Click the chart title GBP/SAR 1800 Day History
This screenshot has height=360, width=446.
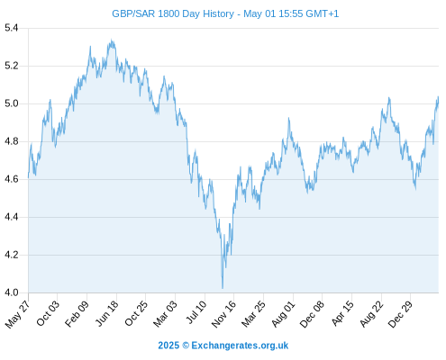point(173,13)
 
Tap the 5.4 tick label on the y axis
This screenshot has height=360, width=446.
point(12,28)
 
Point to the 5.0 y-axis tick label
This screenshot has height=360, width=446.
point(12,103)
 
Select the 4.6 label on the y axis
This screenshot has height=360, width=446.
point(12,179)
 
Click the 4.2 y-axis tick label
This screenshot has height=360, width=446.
point(12,255)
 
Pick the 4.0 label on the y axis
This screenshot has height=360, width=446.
point(12,292)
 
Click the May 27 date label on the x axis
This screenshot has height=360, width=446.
point(18,313)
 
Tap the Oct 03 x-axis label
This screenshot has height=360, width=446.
point(48,313)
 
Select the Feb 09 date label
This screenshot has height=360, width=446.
point(77,313)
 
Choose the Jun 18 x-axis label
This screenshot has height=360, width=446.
point(107,313)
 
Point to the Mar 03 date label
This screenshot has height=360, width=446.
point(166,313)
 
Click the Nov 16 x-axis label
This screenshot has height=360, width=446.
point(223,314)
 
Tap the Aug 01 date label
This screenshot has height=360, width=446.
point(283,313)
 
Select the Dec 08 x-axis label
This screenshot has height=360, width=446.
point(312,314)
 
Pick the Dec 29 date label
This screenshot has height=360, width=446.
point(400,314)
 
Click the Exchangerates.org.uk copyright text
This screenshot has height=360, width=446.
point(240,346)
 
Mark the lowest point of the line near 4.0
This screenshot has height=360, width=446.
point(223,289)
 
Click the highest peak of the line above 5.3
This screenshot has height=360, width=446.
point(112,40)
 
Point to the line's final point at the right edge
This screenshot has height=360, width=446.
point(438,97)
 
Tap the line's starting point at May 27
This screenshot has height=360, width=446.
point(29,177)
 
